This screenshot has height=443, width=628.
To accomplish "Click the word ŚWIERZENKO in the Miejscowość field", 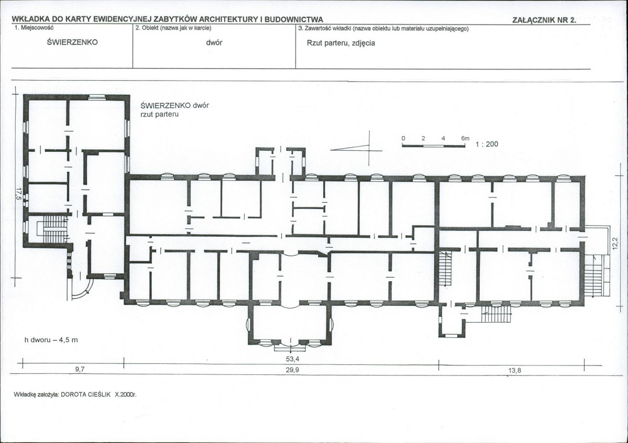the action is click(72, 42).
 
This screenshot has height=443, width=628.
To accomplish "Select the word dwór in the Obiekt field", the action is click(214, 42).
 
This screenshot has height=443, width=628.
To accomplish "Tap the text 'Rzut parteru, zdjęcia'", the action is click(341, 43).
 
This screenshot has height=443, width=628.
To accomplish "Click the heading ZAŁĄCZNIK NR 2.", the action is click(544, 20).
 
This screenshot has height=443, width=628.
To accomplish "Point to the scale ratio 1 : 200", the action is click(487, 144).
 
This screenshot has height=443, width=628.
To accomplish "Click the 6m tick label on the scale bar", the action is click(465, 138).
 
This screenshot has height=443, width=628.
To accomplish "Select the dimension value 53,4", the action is click(292, 359).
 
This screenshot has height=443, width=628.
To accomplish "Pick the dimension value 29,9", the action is click(292, 370).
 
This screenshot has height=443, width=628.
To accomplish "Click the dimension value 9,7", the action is click(80, 370).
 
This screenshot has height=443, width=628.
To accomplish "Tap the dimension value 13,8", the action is click(515, 371).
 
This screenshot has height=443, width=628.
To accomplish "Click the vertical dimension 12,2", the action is click(615, 243).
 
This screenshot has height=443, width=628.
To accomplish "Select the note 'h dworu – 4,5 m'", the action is click(51, 340).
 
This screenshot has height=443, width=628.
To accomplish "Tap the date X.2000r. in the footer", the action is click(126, 394).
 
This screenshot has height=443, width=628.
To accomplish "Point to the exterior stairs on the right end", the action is click(593, 275).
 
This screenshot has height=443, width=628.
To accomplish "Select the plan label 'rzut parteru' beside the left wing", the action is click(159, 114).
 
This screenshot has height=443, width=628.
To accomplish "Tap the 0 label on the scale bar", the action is click(403, 138).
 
